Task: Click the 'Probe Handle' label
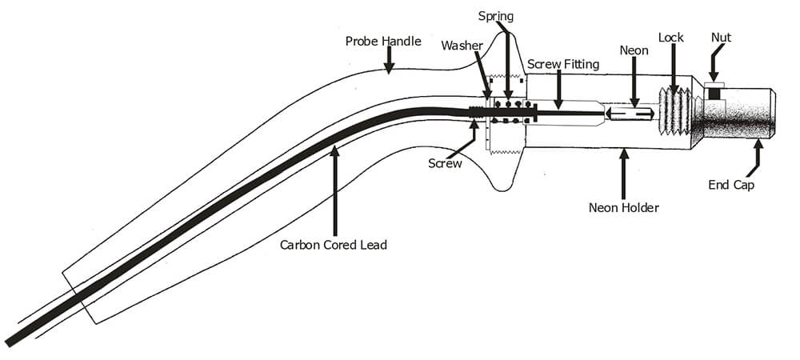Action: click(382, 41)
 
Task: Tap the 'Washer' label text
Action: click(462, 46)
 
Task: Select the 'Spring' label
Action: click(496, 16)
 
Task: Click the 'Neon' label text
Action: click(633, 50)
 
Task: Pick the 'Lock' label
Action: click(670, 38)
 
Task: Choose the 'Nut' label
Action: click(721, 37)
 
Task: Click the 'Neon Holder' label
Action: click(623, 208)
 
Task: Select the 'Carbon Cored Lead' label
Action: click(333, 245)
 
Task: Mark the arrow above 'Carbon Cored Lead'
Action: click(334, 188)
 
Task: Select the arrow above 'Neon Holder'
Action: click(623, 172)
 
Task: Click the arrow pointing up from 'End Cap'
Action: click(756, 156)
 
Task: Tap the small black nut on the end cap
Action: click(713, 94)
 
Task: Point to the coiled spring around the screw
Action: click(507, 111)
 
